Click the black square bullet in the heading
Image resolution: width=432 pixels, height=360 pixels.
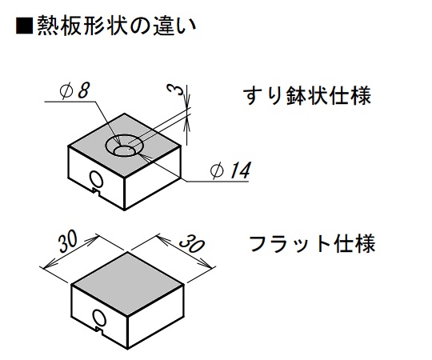[24, 26]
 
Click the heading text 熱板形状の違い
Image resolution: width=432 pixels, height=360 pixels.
[117, 26]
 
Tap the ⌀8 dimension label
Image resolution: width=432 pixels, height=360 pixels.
[74, 90]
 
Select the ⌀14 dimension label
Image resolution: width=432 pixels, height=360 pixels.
[230, 170]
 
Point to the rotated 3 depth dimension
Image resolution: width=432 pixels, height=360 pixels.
[176, 90]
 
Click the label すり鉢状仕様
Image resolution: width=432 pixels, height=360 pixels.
[307, 96]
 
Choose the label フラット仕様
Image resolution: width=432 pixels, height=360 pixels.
[312, 243]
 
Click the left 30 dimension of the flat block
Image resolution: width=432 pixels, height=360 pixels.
[68, 242]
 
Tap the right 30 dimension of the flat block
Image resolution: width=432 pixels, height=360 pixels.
[192, 244]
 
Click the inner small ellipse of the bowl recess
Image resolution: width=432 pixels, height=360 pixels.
[124, 151]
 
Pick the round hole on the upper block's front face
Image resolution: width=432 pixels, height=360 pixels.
[97, 179]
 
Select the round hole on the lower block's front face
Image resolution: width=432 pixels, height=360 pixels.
[99, 318]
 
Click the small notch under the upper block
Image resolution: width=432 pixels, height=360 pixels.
[96, 192]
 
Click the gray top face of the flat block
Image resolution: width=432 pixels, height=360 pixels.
[127, 284]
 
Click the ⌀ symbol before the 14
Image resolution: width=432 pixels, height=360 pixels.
[217, 170]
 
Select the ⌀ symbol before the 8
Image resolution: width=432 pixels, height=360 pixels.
[66, 91]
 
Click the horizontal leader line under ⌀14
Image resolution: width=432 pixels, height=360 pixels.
[218, 182]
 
